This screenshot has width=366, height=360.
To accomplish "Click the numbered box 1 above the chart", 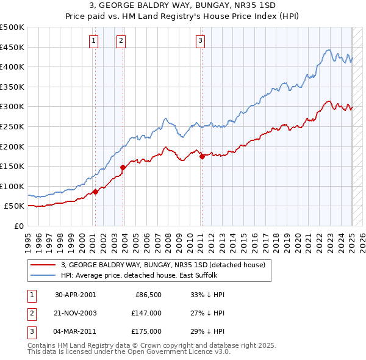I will coord(94,41).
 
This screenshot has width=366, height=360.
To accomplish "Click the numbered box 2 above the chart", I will coord(121,41).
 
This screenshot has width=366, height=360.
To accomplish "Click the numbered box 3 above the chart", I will coord(200,41).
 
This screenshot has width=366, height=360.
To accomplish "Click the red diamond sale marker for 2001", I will coord(96,192).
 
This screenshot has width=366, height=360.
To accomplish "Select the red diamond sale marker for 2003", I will coord(123,167).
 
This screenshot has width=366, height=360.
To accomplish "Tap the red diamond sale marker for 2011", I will coord(202,156).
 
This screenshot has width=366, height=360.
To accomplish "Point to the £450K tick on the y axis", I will coord(12,47).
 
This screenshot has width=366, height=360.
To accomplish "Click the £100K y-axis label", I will coord(12,186).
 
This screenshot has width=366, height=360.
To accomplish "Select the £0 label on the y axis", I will coord(18,226).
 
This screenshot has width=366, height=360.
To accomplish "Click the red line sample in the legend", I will coord(43,265).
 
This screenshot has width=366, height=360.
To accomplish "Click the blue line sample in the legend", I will coord(43,275).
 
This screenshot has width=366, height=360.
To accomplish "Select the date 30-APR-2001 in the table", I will coord(75,295).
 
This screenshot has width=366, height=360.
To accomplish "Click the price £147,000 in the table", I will coord(147,313).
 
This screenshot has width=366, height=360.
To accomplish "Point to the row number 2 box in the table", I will coord(30,313).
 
